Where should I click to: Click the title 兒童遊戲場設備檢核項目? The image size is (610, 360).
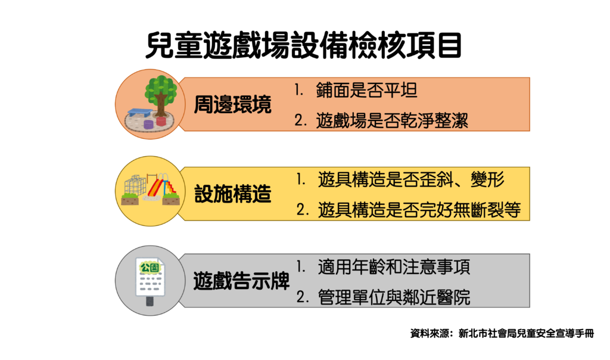click(x=304, y=46)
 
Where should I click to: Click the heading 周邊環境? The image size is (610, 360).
click(x=233, y=105)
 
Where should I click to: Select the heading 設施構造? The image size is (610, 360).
click(x=233, y=194)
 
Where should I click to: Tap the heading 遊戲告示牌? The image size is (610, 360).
click(x=242, y=280)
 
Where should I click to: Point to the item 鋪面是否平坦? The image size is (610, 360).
click(x=366, y=90)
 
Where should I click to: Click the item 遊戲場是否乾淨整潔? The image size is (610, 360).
click(x=392, y=120)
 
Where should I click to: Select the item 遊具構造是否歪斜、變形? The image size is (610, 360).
click(x=411, y=179)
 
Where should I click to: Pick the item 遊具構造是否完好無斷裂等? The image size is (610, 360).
click(x=419, y=210)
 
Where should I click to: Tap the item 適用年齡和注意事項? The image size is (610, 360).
click(x=394, y=267)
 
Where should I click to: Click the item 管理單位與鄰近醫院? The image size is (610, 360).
click(x=394, y=297)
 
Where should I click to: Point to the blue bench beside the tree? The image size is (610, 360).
click(x=140, y=113)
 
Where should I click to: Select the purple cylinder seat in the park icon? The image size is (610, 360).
click(x=148, y=125)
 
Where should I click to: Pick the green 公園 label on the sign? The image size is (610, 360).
click(x=150, y=268)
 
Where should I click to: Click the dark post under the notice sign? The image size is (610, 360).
click(x=150, y=301)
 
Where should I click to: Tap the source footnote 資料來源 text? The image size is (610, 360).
click(x=502, y=334)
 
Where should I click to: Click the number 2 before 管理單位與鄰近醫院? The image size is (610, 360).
click(x=302, y=298)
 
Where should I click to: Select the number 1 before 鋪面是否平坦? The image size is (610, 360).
click(x=298, y=90)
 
